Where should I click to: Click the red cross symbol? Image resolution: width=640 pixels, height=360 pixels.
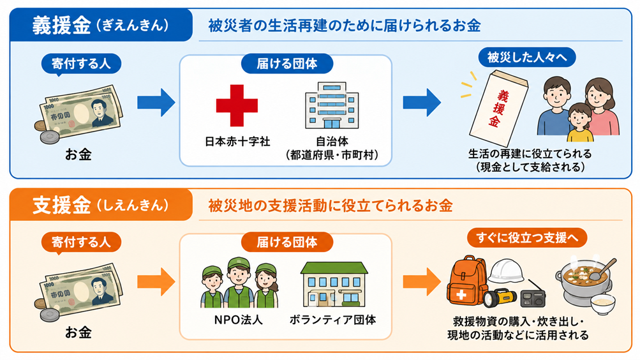pos(237,105)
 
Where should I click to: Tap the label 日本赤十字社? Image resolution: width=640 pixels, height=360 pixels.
pos(237,142)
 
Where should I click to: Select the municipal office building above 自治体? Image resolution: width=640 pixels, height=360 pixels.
pos(332,105)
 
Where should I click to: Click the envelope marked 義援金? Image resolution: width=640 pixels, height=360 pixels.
pos(498,108)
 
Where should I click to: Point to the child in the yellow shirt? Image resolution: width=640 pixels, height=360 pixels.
pos(580,123)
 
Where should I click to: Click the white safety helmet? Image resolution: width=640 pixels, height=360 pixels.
pos(506,270)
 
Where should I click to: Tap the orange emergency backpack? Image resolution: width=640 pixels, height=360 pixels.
pos(466,281)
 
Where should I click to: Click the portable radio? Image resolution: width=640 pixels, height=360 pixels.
pos(533,297)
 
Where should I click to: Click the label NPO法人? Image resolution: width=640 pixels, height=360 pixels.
pos(239,320)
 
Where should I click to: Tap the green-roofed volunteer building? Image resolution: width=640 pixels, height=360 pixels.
pos(334,284)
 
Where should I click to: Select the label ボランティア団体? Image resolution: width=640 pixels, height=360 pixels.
pos(332,320)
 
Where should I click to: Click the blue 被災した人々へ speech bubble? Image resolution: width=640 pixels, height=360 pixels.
pos(527,57)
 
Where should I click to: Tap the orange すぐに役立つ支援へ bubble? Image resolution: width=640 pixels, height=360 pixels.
pos(527,237)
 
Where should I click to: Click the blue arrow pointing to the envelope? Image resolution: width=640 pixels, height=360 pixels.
pos(422,103)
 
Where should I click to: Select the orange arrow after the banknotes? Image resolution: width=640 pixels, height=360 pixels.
pos(156,281)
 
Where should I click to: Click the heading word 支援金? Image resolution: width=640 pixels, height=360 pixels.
pos(62,205)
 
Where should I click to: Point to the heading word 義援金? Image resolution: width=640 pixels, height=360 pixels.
pos(62,26)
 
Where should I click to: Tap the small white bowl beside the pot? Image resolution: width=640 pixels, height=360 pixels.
pos(603,304)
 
